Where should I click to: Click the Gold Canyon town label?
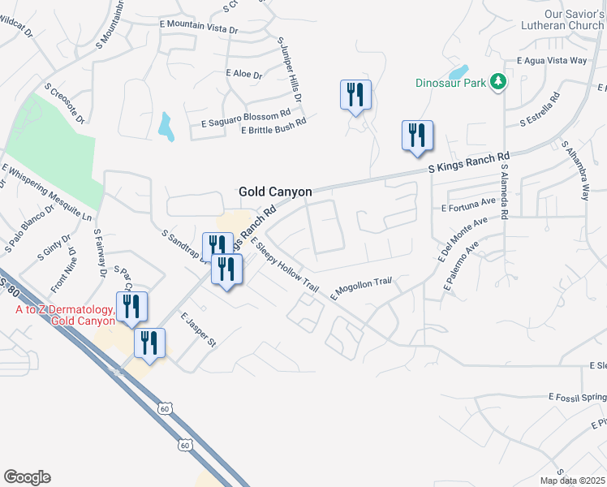(x=275, y=192)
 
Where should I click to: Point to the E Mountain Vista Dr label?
(x=198, y=28)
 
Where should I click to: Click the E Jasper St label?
(x=198, y=330)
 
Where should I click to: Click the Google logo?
(x=27, y=476)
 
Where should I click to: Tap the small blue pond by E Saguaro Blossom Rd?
(x=166, y=127)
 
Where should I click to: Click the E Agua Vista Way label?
(x=552, y=61)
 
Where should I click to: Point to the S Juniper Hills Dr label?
(x=290, y=69)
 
